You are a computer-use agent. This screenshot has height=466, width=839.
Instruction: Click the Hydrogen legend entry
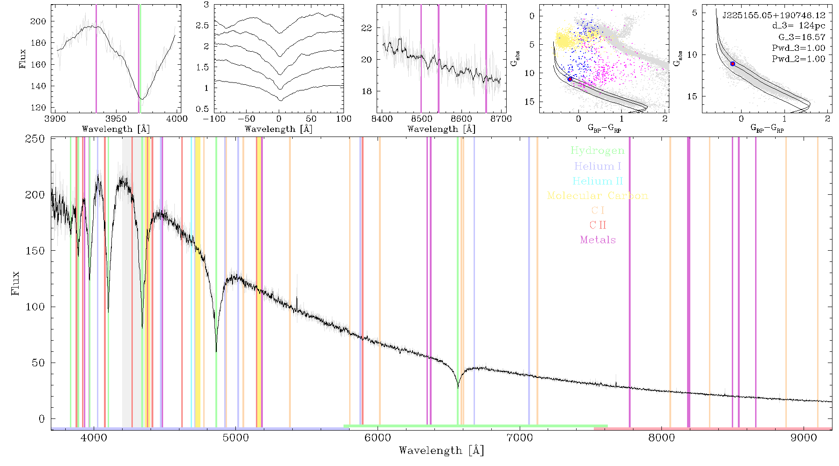pyautogui.click(x=598, y=151)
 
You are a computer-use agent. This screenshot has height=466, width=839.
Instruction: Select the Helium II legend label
pyautogui.click(x=598, y=181)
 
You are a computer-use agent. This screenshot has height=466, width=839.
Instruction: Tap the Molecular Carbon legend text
pyautogui.click(x=598, y=196)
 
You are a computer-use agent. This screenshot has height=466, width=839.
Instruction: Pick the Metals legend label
pyautogui.click(x=598, y=240)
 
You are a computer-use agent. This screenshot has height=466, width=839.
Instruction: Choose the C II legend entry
pyautogui.click(x=598, y=225)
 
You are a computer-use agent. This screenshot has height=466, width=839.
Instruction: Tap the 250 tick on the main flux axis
pyautogui.click(x=35, y=139)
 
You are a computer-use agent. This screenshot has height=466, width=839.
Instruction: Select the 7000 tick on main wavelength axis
pyautogui.click(x=520, y=438)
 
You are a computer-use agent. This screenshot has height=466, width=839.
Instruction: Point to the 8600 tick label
pyautogui.click(x=461, y=119)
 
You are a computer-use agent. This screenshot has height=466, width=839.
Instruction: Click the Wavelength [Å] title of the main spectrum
pyautogui.click(x=441, y=451)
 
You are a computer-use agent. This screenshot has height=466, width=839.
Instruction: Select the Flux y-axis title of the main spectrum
pyautogui.click(x=15, y=282)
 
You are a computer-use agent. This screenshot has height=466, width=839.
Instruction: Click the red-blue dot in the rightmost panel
pyautogui.click(x=733, y=63)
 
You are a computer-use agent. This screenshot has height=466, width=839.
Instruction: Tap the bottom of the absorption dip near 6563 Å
pyautogui.click(x=458, y=388)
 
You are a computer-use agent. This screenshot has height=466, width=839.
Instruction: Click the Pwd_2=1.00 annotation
pyautogui.click(x=798, y=59)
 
